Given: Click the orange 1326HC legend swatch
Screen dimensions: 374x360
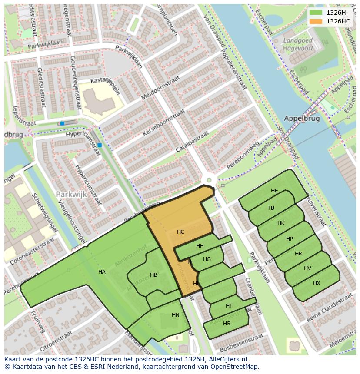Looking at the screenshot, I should point(316,21).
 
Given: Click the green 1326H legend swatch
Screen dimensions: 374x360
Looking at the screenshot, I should point(316,13).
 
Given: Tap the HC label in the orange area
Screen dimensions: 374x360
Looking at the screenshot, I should point(181,232).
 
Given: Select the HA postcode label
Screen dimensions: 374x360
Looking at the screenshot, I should point(102,272).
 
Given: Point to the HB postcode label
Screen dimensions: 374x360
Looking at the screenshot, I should point(153,275).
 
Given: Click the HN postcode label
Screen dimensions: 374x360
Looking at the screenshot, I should point(176,315).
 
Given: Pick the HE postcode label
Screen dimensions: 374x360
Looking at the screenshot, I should point(274,191).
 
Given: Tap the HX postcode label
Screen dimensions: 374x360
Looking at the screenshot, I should point(317,283).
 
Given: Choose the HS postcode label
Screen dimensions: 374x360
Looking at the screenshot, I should point(227,324).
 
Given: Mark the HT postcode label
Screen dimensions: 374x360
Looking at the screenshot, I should point(229,306).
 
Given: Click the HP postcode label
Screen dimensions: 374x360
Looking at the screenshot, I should point(290,239).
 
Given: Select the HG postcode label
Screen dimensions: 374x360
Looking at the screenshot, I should point(207,259).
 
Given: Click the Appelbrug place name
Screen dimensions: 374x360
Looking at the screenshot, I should point(302,118).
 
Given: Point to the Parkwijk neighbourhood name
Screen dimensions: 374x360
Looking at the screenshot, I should point(71,194).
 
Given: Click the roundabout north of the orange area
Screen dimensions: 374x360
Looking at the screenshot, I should point(209,180).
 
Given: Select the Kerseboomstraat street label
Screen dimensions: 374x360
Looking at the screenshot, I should point(164,123).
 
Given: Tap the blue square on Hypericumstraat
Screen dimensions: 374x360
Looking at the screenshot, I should point(100,145).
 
